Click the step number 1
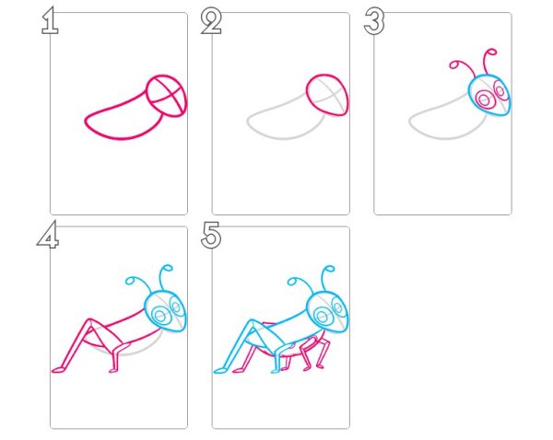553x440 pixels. [x=50, y=21]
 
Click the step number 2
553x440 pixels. [x=211, y=21]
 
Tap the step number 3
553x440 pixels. [x=374, y=21]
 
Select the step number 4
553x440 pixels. [x=48, y=234]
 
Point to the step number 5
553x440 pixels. [x=211, y=235]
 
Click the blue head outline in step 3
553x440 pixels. [x=469, y=93]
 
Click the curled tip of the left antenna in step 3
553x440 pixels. [x=453, y=64]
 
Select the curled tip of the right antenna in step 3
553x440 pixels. [x=492, y=52]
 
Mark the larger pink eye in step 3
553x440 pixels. [x=485, y=100]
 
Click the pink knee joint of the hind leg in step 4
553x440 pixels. [x=90, y=321]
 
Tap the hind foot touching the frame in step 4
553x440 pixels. [x=58, y=369]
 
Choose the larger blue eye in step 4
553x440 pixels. [x=160, y=315]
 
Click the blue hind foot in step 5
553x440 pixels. [x=220, y=370]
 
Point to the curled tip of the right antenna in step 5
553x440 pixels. [x=330, y=270]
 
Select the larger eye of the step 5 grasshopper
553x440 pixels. [x=323, y=316]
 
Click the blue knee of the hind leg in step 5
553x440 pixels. [x=253, y=321]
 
